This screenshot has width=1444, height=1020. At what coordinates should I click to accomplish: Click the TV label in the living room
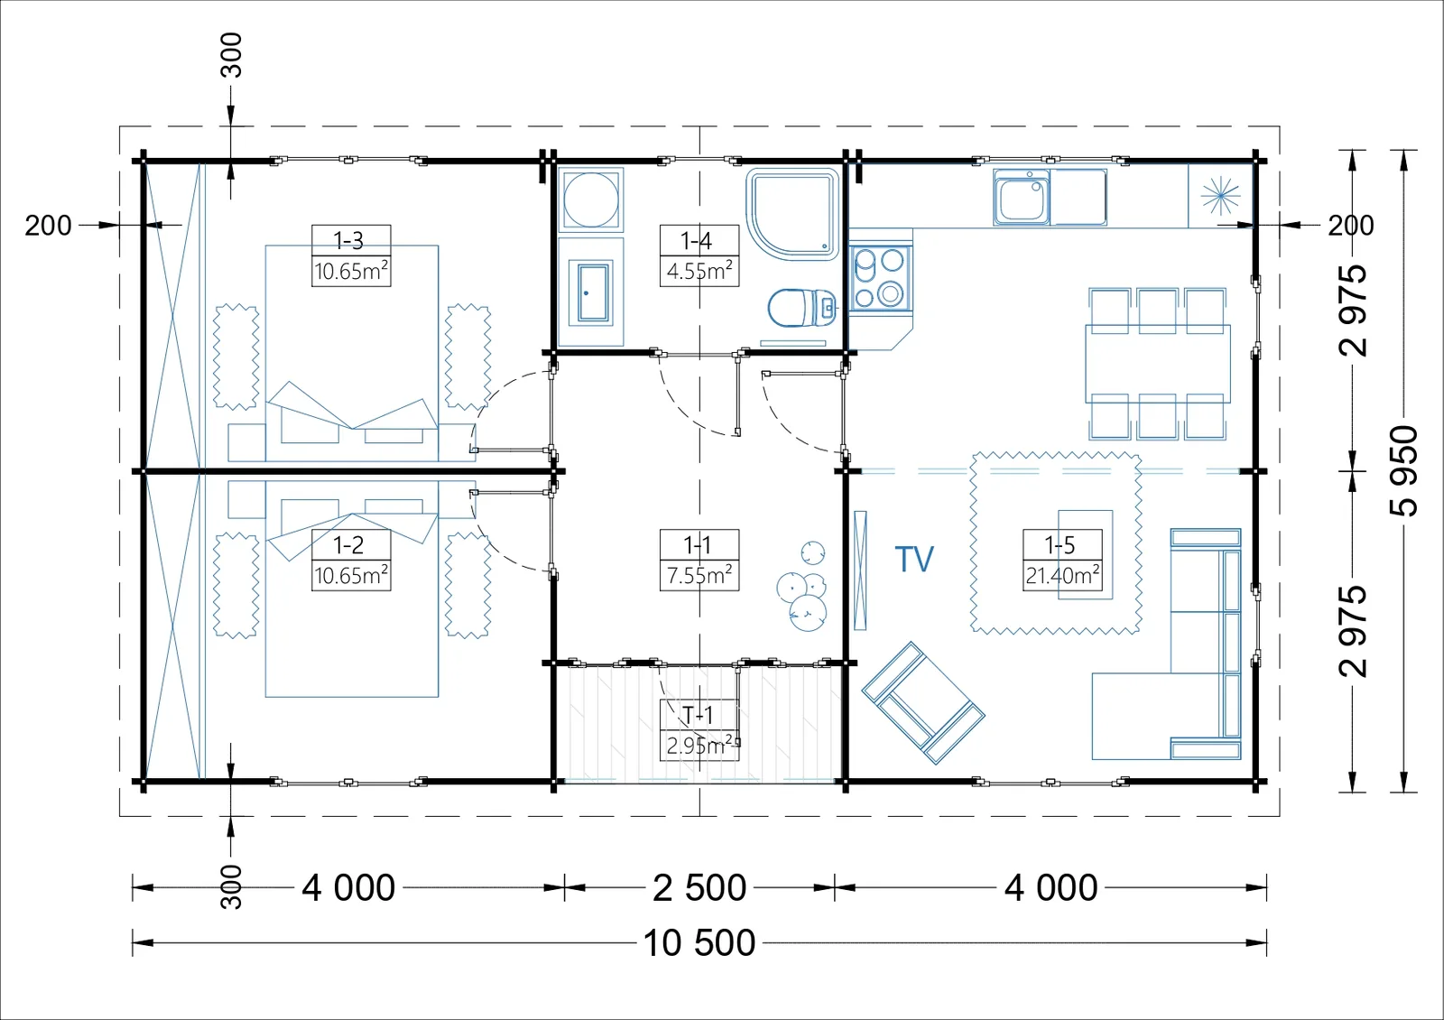click(x=914, y=559)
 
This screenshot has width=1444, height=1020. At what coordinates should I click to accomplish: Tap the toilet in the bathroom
click(x=802, y=308)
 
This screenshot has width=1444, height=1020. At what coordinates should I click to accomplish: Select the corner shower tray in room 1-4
click(x=794, y=214)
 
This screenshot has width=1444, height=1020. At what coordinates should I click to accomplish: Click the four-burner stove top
click(x=879, y=278)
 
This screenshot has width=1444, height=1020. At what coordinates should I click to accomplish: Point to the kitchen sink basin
click(x=1021, y=199)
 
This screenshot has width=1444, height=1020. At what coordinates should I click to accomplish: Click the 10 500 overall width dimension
click(x=699, y=942)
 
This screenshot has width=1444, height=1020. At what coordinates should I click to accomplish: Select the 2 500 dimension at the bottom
click(x=699, y=888)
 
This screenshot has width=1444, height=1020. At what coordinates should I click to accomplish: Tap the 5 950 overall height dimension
click(x=1403, y=470)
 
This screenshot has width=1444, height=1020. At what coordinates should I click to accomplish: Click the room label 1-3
click(x=348, y=240)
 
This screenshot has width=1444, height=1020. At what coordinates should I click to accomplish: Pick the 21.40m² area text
click(x=1062, y=575)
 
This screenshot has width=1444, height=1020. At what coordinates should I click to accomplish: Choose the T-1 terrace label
click(x=698, y=715)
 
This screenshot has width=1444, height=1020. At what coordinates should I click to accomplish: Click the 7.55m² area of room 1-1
click(x=699, y=575)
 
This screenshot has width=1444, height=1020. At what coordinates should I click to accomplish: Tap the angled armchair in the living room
click(x=923, y=703)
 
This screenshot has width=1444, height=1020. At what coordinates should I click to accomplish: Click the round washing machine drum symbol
click(x=591, y=199)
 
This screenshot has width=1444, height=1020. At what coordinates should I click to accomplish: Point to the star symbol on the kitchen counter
click(x=1220, y=195)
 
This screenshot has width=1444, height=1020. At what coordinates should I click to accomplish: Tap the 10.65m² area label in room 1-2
click(x=351, y=575)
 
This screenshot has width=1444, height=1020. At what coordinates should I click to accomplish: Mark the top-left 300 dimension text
click(x=231, y=55)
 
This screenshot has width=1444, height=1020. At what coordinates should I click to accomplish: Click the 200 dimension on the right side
click(x=1350, y=226)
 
